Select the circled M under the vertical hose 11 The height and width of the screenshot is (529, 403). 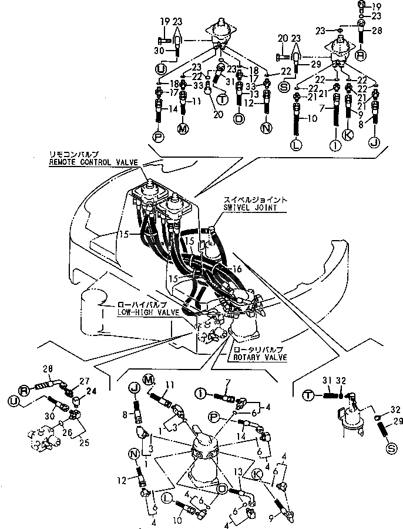(183, 128)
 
